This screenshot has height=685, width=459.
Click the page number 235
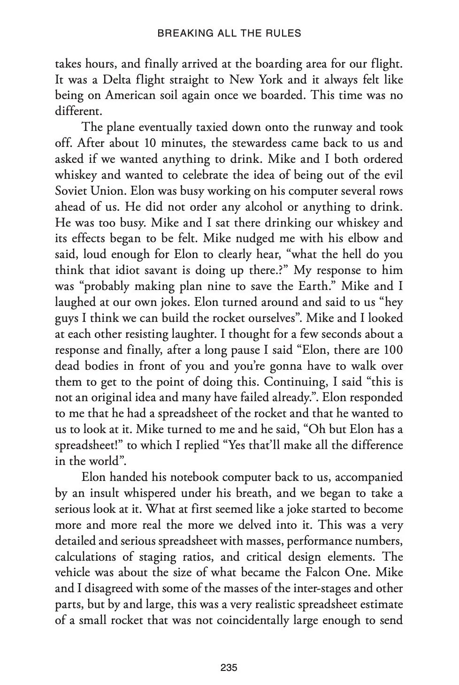[x=229, y=668]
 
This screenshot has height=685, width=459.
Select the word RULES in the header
[x=285, y=33]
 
